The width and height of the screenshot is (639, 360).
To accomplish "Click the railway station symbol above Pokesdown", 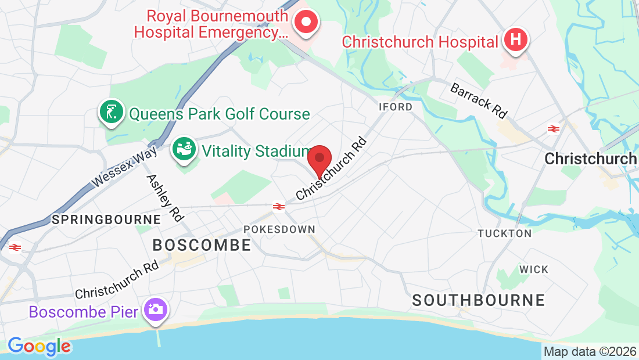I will [x=279, y=206].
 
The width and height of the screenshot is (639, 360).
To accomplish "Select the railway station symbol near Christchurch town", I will [x=553, y=129].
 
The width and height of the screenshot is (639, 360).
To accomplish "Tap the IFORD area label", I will [x=395, y=107].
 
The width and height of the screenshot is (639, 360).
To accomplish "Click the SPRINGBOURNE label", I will [x=106, y=219].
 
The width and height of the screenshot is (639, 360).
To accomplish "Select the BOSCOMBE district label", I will [x=202, y=246].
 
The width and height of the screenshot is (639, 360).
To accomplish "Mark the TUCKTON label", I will [x=504, y=233].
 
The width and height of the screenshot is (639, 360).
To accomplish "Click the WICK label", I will [x=533, y=270].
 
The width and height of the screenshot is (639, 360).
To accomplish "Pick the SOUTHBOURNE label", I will [x=479, y=300].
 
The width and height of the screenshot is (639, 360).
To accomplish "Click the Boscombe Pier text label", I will [x=84, y=312].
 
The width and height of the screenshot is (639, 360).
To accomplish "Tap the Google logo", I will [x=39, y=347].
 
